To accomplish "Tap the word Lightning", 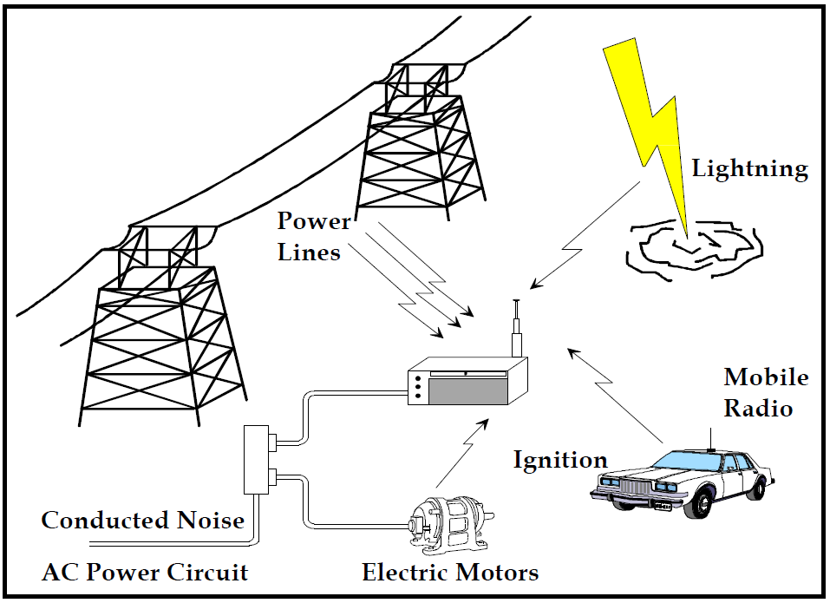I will point(749,168).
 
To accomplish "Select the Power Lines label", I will point(313,236).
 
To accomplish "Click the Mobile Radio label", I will point(766,392).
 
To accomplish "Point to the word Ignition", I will point(559,459).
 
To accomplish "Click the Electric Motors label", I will point(450,574).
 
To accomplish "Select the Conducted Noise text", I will point(142,521).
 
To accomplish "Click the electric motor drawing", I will point(447,526).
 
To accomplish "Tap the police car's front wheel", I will point(632,508).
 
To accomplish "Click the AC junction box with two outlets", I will point(258,459).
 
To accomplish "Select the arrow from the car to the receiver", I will point(617,396).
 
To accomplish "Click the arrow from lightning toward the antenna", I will point(586,234).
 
